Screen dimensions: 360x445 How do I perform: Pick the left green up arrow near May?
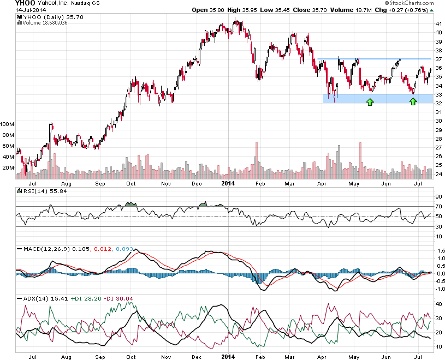pos(370,101)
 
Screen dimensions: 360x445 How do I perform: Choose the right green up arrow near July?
pos(413,101)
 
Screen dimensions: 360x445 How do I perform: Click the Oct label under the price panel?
pos(131,184)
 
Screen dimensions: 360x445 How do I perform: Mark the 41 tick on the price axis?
pos(438,24)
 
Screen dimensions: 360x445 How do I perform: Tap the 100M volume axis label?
pos(8,124)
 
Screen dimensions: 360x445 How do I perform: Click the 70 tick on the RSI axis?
pos(438,207)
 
